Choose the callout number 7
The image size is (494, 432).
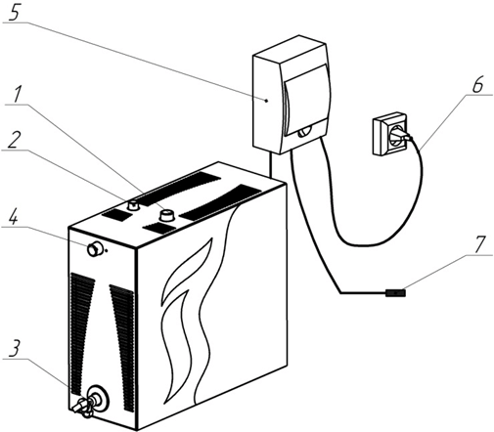[479, 244]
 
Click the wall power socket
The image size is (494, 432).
[389, 134]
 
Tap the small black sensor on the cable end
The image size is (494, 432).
[395, 293]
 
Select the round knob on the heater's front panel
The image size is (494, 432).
[95, 249]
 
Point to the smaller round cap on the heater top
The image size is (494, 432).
[133, 205]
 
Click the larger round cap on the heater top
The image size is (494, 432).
[167, 215]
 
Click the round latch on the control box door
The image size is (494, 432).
[304, 132]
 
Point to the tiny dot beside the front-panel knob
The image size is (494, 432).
[107, 251]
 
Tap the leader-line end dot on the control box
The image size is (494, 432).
[267, 101]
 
